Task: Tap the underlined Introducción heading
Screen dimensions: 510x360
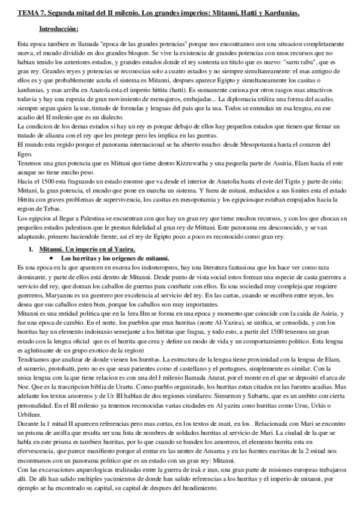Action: tap(58, 28)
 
